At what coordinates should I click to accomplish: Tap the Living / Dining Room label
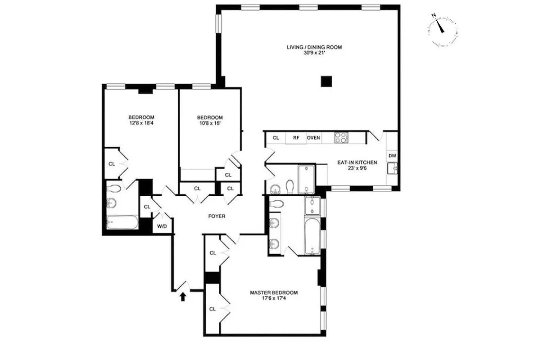coord(311,47)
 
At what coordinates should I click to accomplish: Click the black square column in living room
coord(326,81)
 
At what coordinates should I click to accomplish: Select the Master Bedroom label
coord(274,292)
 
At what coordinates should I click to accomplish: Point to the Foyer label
coord(217,216)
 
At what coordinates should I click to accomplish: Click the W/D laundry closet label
coord(162,226)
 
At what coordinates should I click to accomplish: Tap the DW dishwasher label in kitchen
coord(392,156)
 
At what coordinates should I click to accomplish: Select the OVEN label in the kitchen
coord(313,138)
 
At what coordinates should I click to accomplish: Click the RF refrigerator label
coord(296,138)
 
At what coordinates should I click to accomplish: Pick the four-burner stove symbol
coord(341,137)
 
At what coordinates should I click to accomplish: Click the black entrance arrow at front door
coord(183,297)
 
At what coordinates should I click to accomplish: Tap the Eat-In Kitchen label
coord(357,162)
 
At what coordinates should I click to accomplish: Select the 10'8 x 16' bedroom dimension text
coord(209,123)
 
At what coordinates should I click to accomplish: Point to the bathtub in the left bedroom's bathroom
coord(122,222)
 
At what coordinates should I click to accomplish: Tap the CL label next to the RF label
coord(276,138)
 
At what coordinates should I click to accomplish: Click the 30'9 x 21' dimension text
coord(311,53)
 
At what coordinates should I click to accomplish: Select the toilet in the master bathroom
coord(276,203)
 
